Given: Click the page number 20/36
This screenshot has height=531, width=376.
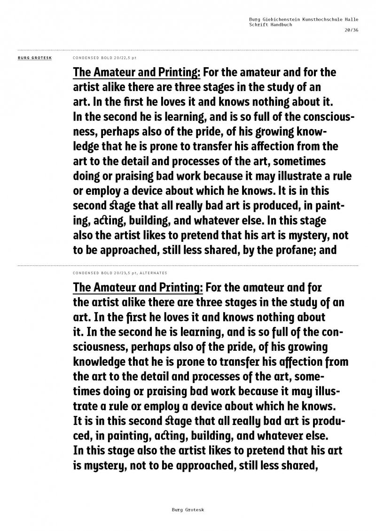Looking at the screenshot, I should click(351, 30).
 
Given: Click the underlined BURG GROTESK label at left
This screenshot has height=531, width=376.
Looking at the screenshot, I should click(34, 58).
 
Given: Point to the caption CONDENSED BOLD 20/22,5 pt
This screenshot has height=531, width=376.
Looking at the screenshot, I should click(104, 58).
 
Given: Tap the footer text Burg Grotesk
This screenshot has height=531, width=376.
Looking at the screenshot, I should click(188, 509).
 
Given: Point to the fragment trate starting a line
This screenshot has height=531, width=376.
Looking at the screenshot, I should click(85, 407).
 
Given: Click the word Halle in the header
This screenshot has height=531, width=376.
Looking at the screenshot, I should click(352, 19).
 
